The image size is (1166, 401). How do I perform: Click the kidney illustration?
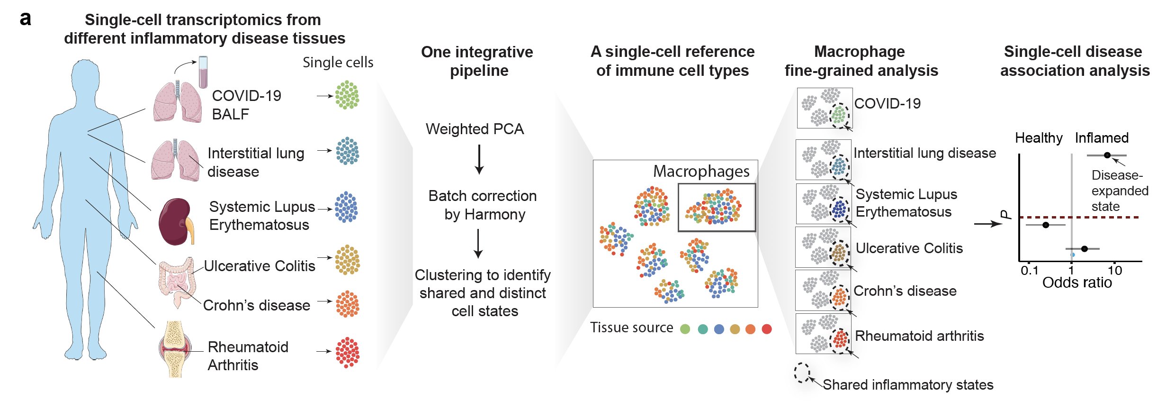pyautogui.click(x=176, y=222)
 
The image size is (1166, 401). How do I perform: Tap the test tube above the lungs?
pyautogui.click(x=203, y=72)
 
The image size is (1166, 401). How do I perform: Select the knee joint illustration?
pyautogui.click(x=175, y=349)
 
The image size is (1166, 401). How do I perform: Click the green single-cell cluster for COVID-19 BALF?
pyautogui.click(x=347, y=95)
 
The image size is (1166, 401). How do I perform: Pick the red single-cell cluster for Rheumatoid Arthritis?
pyautogui.click(x=348, y=352)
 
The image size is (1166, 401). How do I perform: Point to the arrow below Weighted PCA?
pyautogui.click(x=479, y=159)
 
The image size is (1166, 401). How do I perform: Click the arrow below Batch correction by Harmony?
pyautogui.click(x=478, y=244)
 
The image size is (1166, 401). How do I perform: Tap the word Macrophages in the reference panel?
pyautogui.click(x=701, y=171)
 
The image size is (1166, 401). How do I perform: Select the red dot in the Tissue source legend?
pyautogui.click(x=767, y=329)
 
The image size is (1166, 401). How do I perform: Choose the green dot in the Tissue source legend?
pyautogui.click(x=685, y=329)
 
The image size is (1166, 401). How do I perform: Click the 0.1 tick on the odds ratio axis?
pyautogui.click(x=1030, y=271)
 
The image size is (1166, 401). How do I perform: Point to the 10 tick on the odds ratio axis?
pyautogui.click(x=1115, y=271)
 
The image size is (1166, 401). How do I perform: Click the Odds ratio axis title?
pyautogui.click(x=1077, y=283)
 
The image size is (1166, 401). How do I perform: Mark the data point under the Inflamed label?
pyautogui.click(x=1107, y=155)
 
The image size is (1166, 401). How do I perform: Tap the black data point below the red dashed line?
pyautogui.click(x=1046, y=225)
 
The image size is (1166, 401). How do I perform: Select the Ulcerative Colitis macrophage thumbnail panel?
pyautogui.click(x=823, y=247)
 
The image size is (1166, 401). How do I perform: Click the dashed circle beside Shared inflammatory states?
pyautogui.click(x=802, y=373)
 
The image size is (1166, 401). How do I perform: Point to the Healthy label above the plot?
pyautogui.click(x=1039, y=138)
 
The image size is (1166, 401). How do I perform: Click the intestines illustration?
pyautogui.click(x=177, y=282)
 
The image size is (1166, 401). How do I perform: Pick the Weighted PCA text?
pyautogui.click(x=475, y=129)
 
